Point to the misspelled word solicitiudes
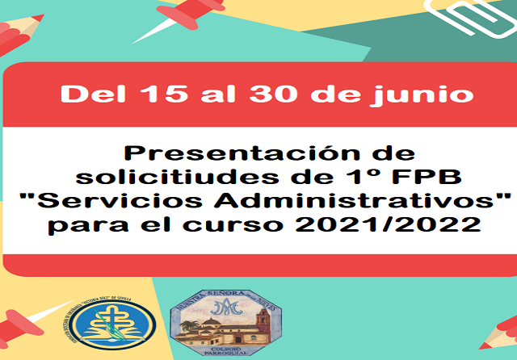pyautogui.click(x=204, y=176)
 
